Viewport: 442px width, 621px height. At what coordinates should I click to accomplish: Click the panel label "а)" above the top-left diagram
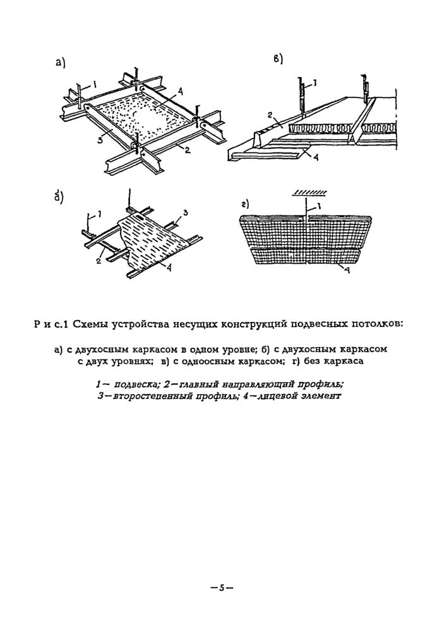[61, 62]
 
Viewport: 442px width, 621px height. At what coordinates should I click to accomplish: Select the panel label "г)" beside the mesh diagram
[245, 204]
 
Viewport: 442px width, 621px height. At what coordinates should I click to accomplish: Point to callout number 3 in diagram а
[100, 140]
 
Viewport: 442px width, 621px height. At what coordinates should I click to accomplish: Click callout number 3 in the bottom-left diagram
[186, 212]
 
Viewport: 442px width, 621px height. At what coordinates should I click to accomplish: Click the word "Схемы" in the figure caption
[92, 325]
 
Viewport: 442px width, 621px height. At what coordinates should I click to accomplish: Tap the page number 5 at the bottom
[222, 587]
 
